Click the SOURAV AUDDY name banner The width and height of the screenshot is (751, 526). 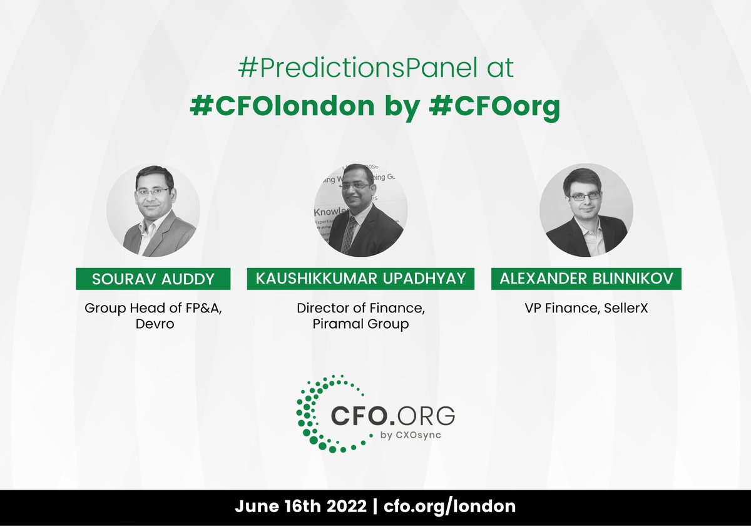pos(153,279)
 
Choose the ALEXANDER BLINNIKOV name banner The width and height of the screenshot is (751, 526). pos(586,279)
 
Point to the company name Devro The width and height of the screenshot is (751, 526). pos(153,324)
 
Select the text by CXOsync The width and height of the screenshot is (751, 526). pos(410,436)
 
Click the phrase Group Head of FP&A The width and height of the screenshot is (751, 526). pos(153,307)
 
